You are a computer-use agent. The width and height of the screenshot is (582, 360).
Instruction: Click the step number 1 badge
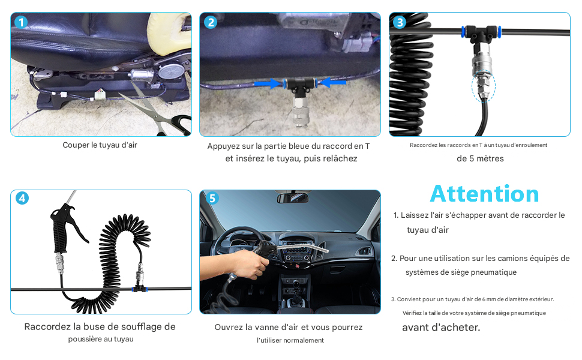[x=21, y=22]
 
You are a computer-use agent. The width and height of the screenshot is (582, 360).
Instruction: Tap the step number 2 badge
[x=211, y=22]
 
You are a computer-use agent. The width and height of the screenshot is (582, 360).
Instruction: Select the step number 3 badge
[x=400, y=22]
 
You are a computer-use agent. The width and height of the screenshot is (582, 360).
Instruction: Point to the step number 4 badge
[x=22, y=198]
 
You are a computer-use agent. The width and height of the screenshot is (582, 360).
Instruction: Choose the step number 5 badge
[x=212, y=198]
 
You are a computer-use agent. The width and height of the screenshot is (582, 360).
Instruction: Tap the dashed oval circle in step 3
[x=483, y=86]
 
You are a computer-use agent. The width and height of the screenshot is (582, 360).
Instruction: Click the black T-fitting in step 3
[x=481, y=35]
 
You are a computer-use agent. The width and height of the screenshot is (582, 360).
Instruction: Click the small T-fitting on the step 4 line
[x=140, y=288]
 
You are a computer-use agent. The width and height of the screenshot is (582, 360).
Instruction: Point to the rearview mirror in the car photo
[x=292, y=198]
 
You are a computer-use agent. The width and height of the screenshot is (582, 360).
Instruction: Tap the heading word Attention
[x=484, y=194]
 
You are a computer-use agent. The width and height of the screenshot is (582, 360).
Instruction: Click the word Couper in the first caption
[x=76, y=145]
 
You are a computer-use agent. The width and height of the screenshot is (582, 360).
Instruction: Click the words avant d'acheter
[x=441, y=328]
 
